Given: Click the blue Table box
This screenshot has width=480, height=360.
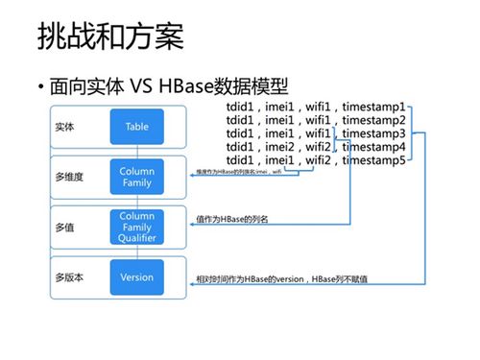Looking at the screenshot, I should tap(136, 126).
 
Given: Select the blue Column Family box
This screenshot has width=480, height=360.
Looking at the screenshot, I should tap(136, 177).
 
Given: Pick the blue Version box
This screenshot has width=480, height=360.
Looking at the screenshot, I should tap(136, 277).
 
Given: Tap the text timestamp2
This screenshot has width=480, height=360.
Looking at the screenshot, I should tap(381, 121).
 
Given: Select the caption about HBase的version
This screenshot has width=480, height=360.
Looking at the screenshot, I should tap(282, 277).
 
